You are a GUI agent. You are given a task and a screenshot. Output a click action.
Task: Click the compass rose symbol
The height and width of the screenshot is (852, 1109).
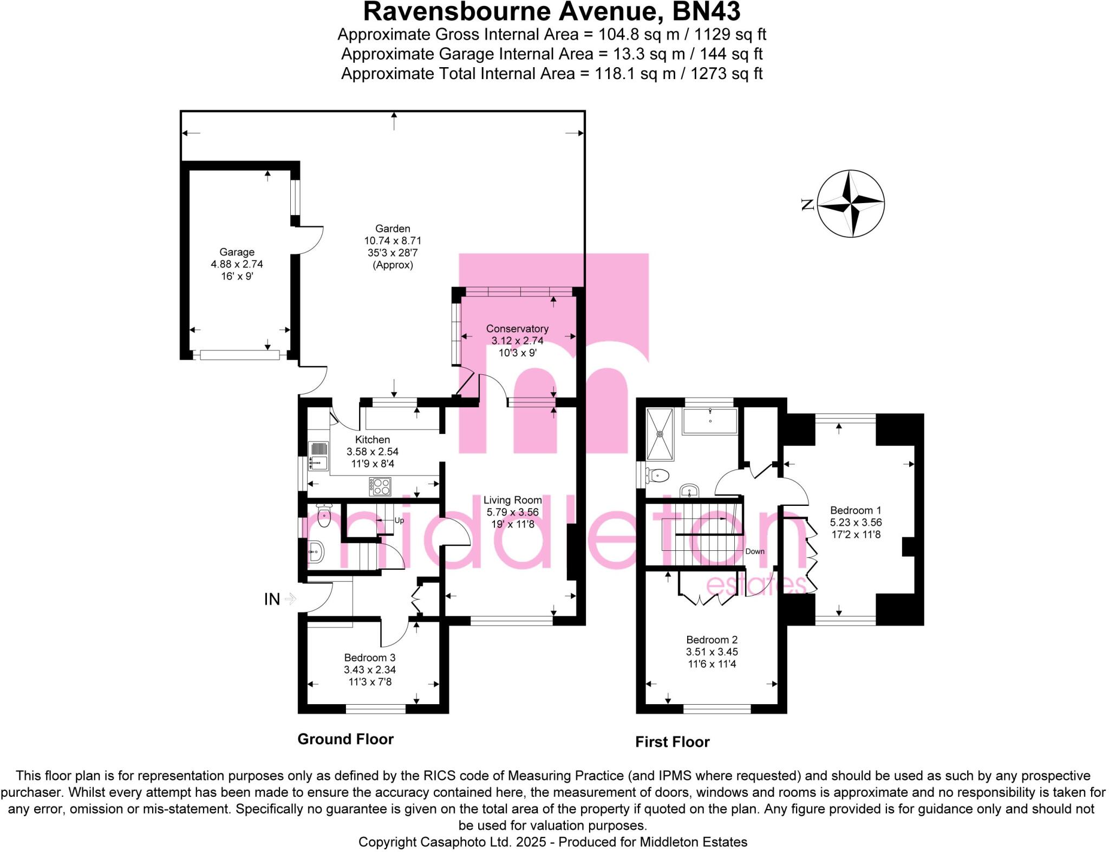850,204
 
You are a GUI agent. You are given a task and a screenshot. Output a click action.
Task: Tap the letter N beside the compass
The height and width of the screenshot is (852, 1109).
807,204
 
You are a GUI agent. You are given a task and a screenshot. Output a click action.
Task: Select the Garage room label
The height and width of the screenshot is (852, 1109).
237,252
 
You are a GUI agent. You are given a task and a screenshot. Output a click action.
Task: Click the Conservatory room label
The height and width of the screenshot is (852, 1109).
517,329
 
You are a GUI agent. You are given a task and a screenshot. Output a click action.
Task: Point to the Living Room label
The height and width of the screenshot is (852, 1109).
512,500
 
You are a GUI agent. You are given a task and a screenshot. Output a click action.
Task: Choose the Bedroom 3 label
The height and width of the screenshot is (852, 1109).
370,658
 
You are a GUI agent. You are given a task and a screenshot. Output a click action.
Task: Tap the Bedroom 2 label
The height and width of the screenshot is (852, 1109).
712,640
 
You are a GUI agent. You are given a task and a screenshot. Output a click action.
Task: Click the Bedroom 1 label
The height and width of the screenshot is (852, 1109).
856,510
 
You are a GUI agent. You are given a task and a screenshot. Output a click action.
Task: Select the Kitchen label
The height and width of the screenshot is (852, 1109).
372,440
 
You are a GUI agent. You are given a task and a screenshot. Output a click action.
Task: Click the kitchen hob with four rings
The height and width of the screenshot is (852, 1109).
380,486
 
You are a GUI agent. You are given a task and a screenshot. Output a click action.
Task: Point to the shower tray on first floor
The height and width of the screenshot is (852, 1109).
660,434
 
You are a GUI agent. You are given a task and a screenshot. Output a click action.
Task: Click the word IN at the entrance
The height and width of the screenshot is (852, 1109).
272,599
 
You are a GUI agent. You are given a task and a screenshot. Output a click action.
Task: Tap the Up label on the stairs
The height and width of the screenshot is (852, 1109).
399,521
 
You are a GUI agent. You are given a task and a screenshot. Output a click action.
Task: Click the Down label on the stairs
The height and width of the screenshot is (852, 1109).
754,551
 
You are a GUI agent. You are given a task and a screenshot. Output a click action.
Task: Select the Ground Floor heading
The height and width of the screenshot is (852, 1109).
345,739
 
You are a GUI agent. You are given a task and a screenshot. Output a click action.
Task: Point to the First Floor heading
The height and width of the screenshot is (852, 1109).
672,742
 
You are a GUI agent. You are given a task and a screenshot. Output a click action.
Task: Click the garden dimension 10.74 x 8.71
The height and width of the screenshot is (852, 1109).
393,240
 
